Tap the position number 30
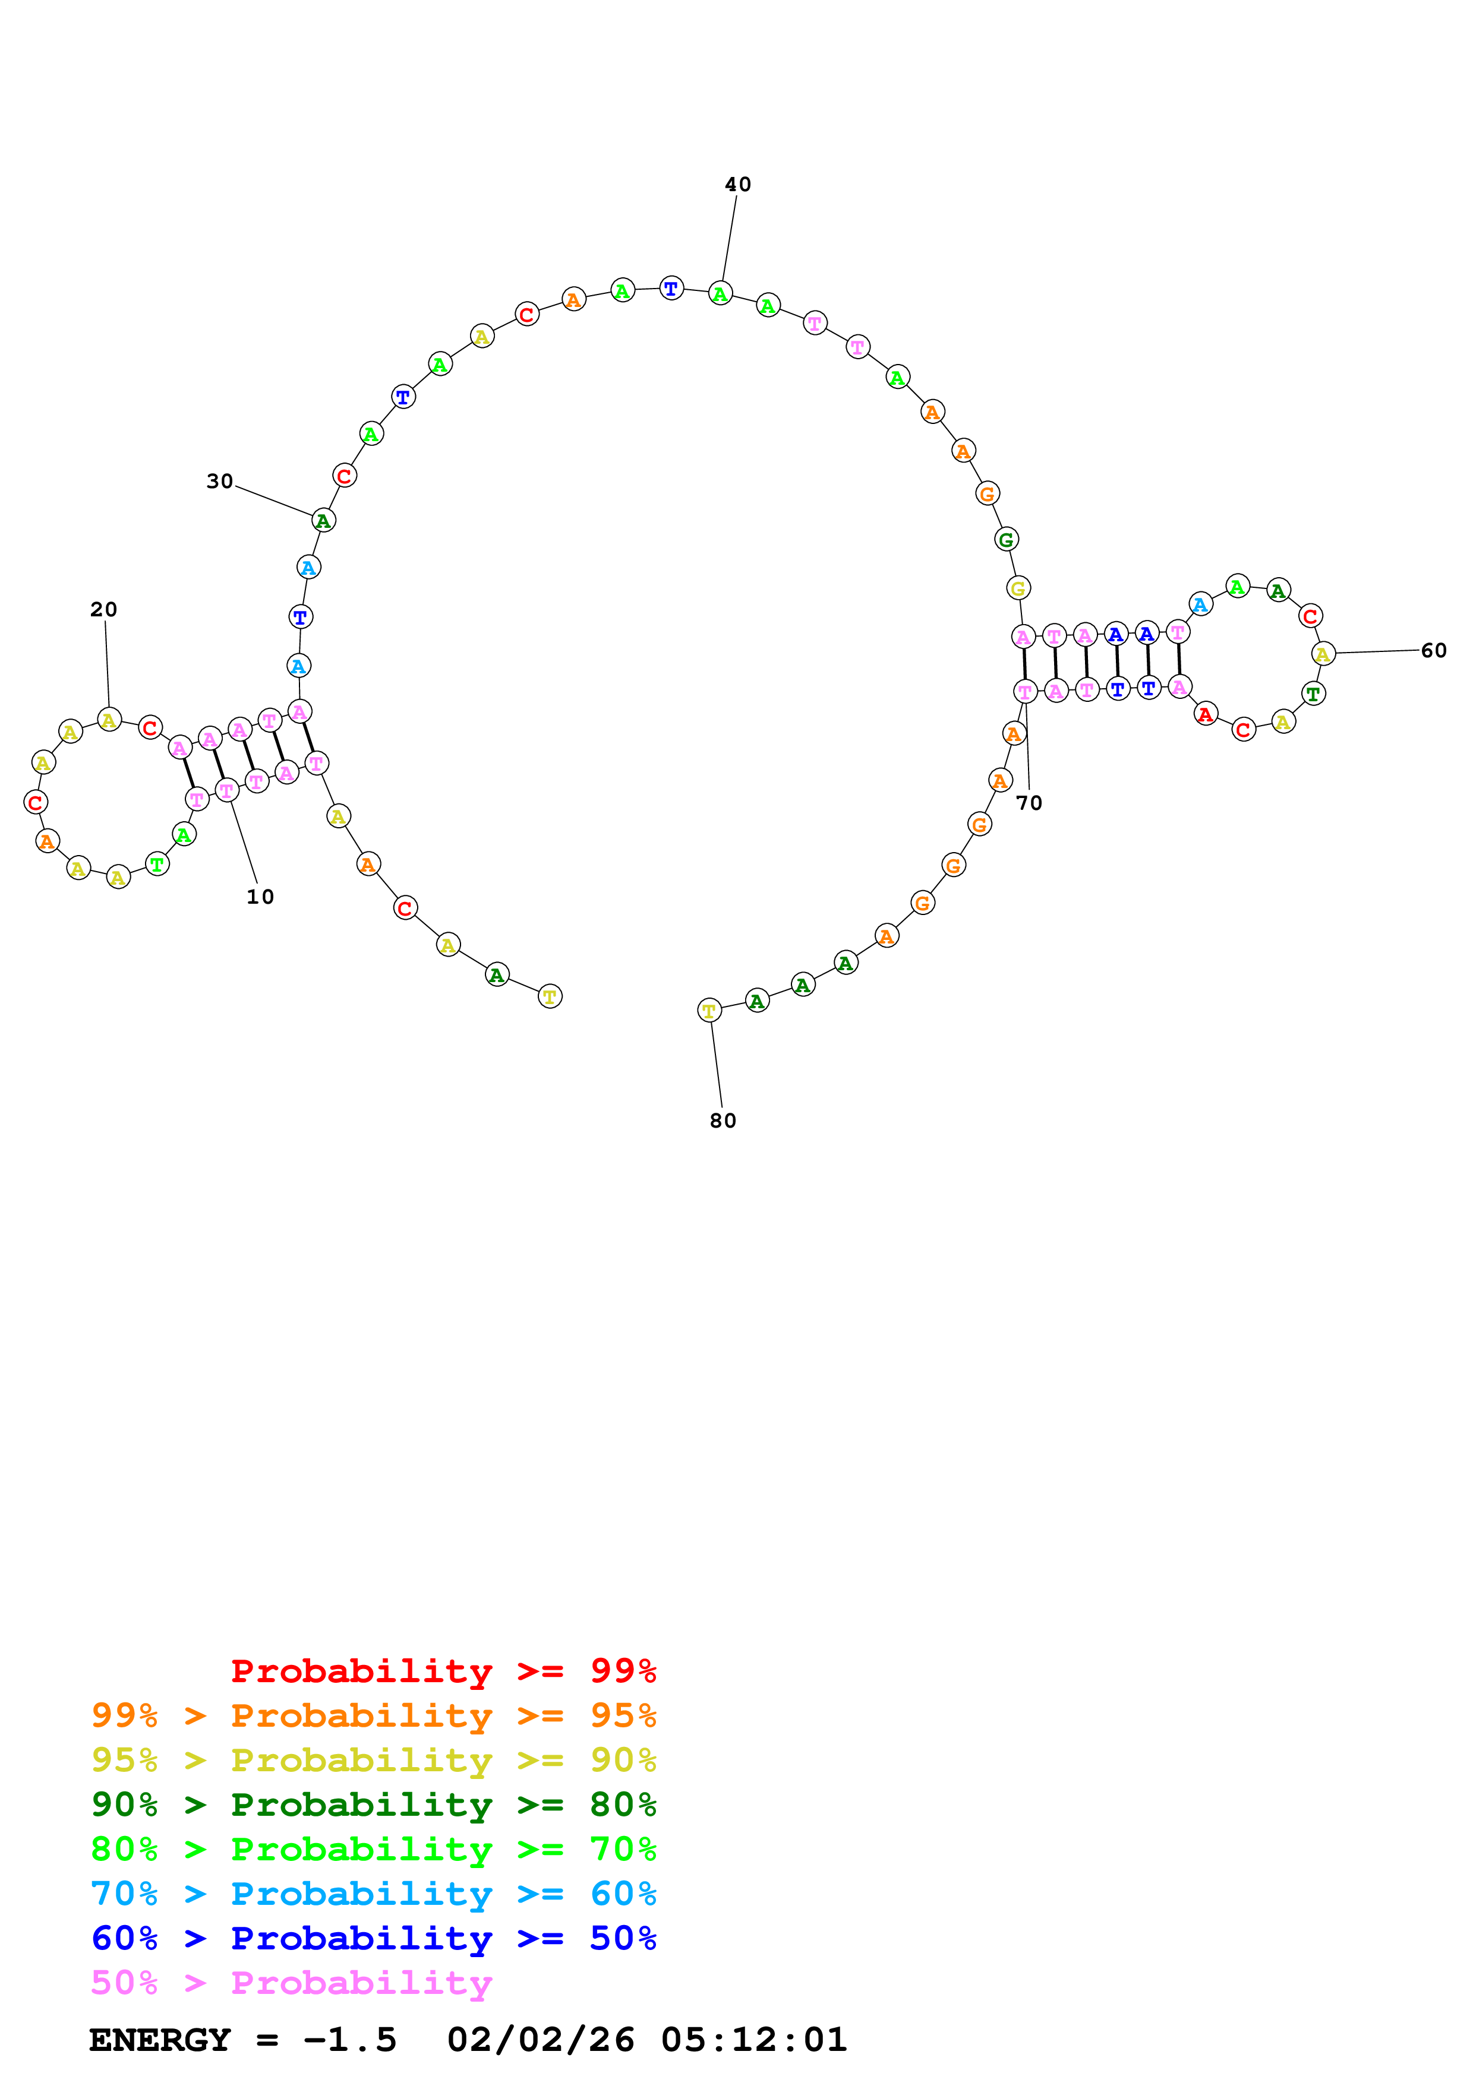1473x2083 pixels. click(x=220, y=482)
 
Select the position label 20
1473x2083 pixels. click(x=103, y=610)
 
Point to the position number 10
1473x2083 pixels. click(x=260, y=897)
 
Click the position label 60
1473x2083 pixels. click(x=1433, y=650)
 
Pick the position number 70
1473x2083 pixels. click(x=1029, y=803)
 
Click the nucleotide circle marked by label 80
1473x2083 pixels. click(x=709, y=1010)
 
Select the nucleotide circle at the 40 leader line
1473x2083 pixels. click(x=720, y=294)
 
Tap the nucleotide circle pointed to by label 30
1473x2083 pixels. click(x=323, y=521)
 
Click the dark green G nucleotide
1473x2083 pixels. click(x=1005, y=540)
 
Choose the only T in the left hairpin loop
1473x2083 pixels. click(x=157, y=865)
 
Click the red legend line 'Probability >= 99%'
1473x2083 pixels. click(x=443, y=1671)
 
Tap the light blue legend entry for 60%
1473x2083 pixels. click(x=373, y=1894)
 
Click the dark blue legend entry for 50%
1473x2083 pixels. click(x=373, y=1938)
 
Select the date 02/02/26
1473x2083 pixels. click(x=540, y=2040)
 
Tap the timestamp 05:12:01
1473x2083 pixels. click(x=753, y=2040)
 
